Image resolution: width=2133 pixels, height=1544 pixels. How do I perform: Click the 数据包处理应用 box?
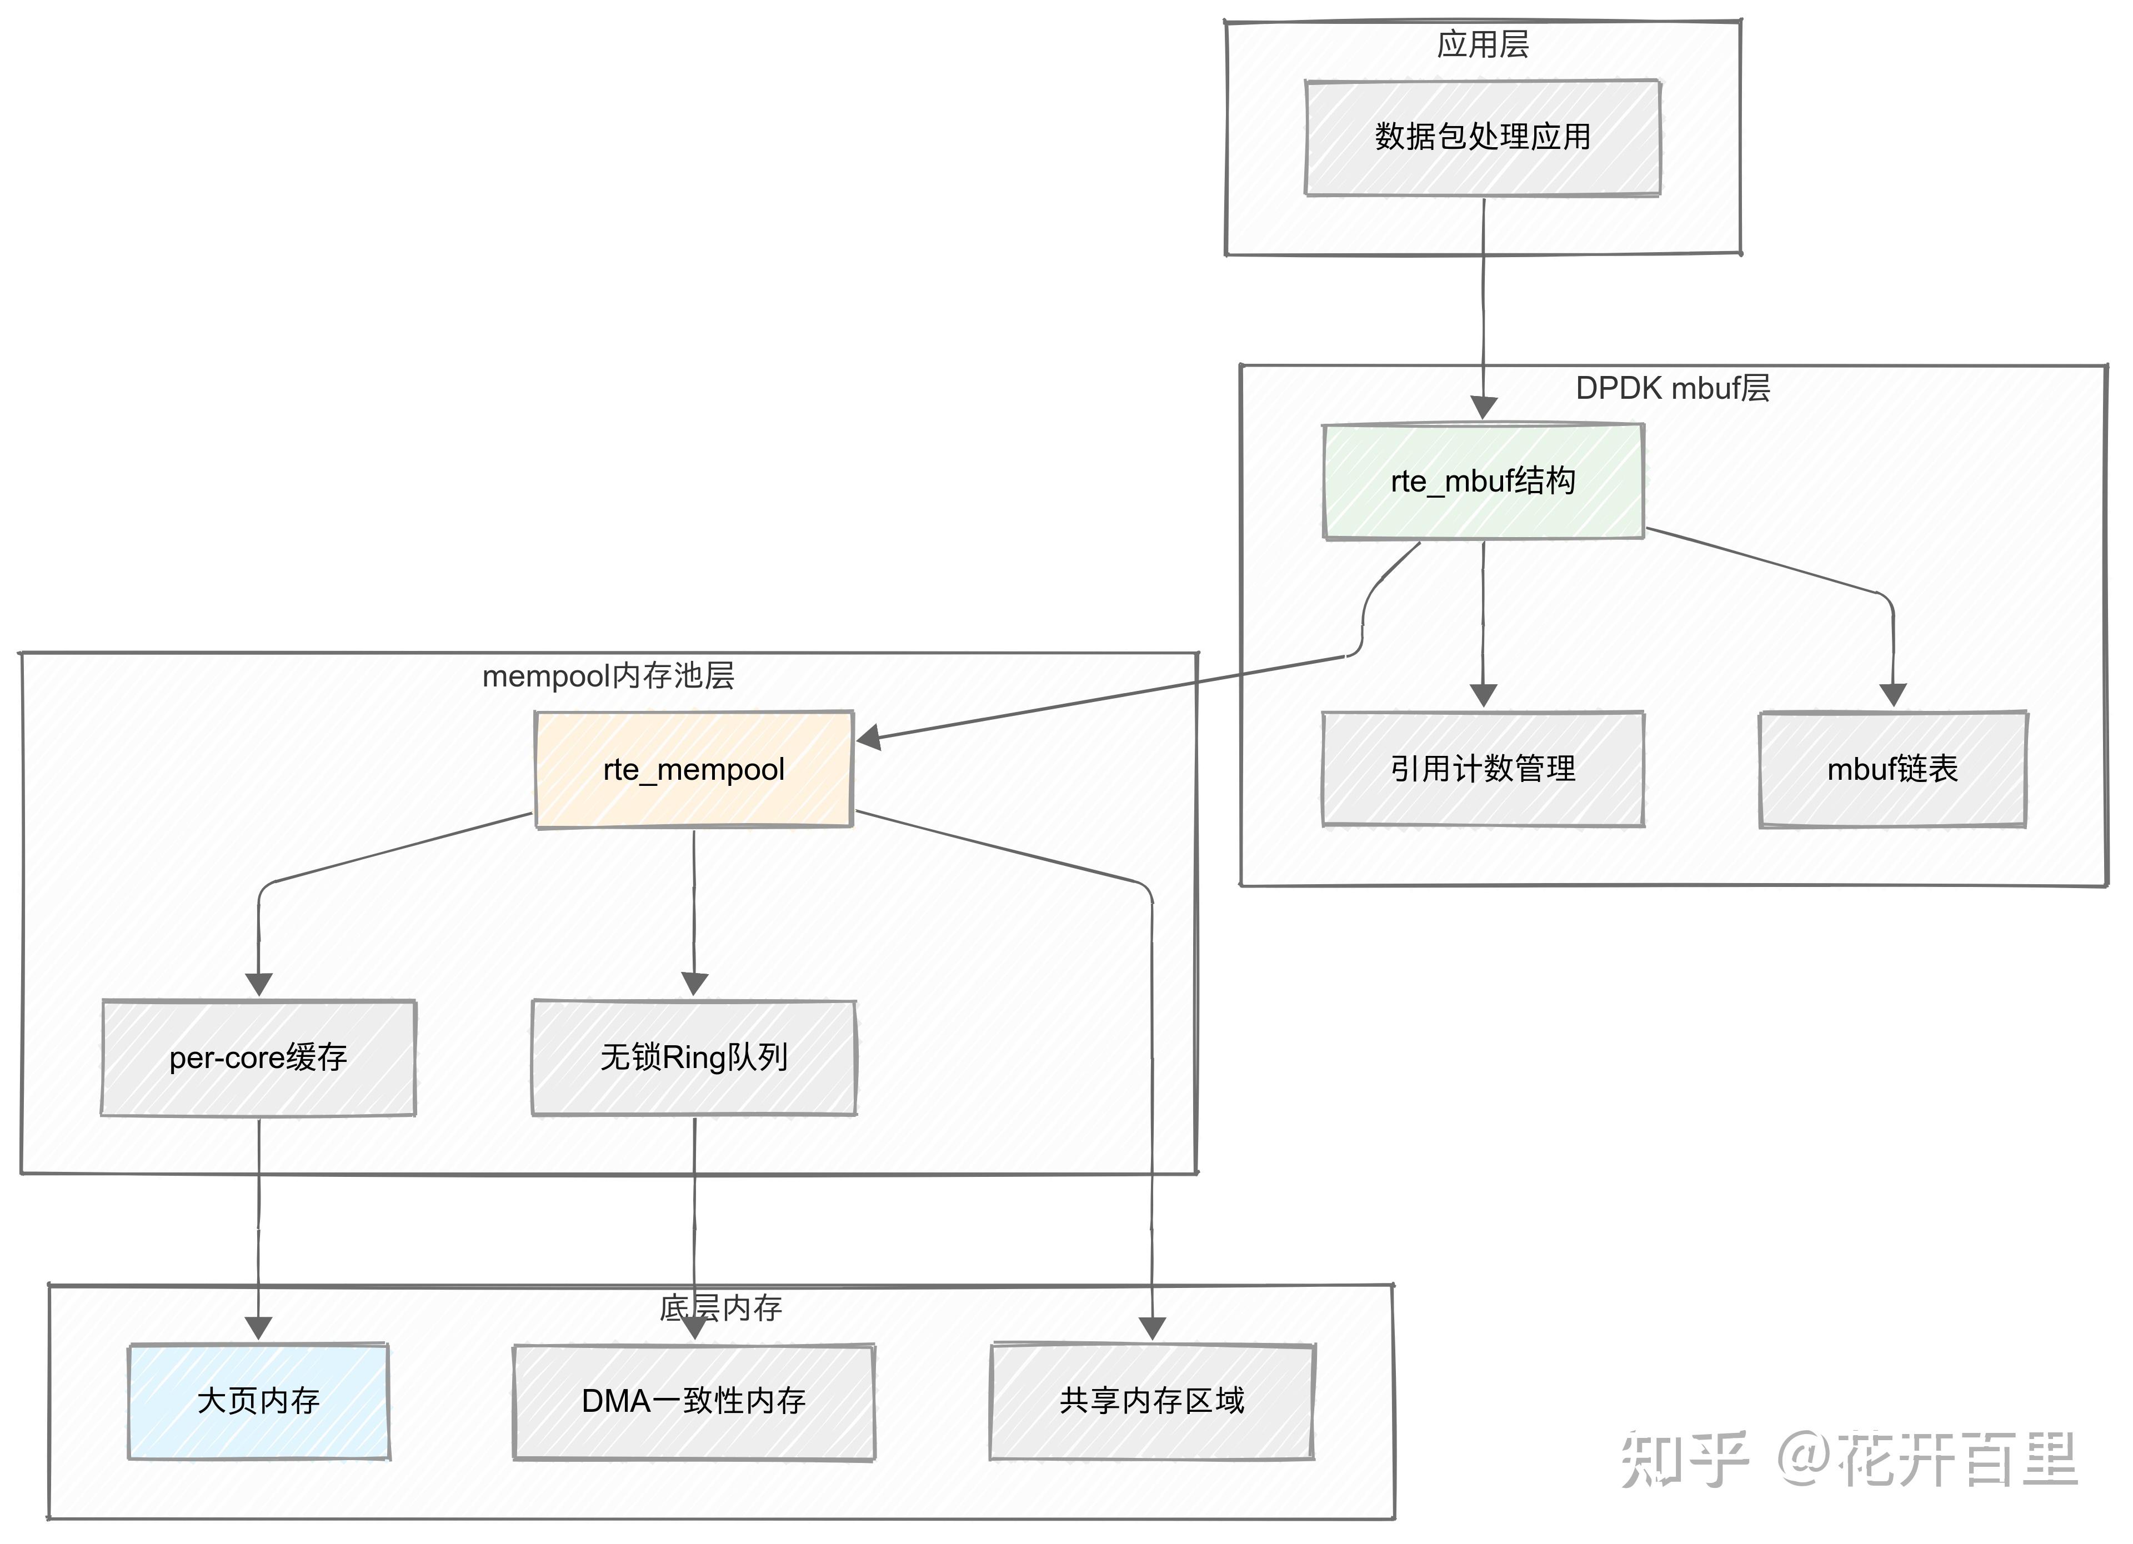point(1482,137)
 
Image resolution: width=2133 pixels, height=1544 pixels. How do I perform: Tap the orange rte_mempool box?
point(693,769)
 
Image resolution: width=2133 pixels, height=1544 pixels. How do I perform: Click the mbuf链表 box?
point(1892,769)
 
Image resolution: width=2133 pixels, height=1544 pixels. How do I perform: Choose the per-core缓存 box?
point(258,1058)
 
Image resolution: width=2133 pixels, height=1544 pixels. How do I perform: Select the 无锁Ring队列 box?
point(693,1058)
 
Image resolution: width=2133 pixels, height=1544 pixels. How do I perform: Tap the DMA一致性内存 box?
point(693,1401)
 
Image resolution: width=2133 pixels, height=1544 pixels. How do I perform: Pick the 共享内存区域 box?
point(1151,1401)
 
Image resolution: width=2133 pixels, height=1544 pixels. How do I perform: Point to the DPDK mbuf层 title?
point(1672,388)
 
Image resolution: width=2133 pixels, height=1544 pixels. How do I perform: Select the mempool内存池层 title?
point(608,676)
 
